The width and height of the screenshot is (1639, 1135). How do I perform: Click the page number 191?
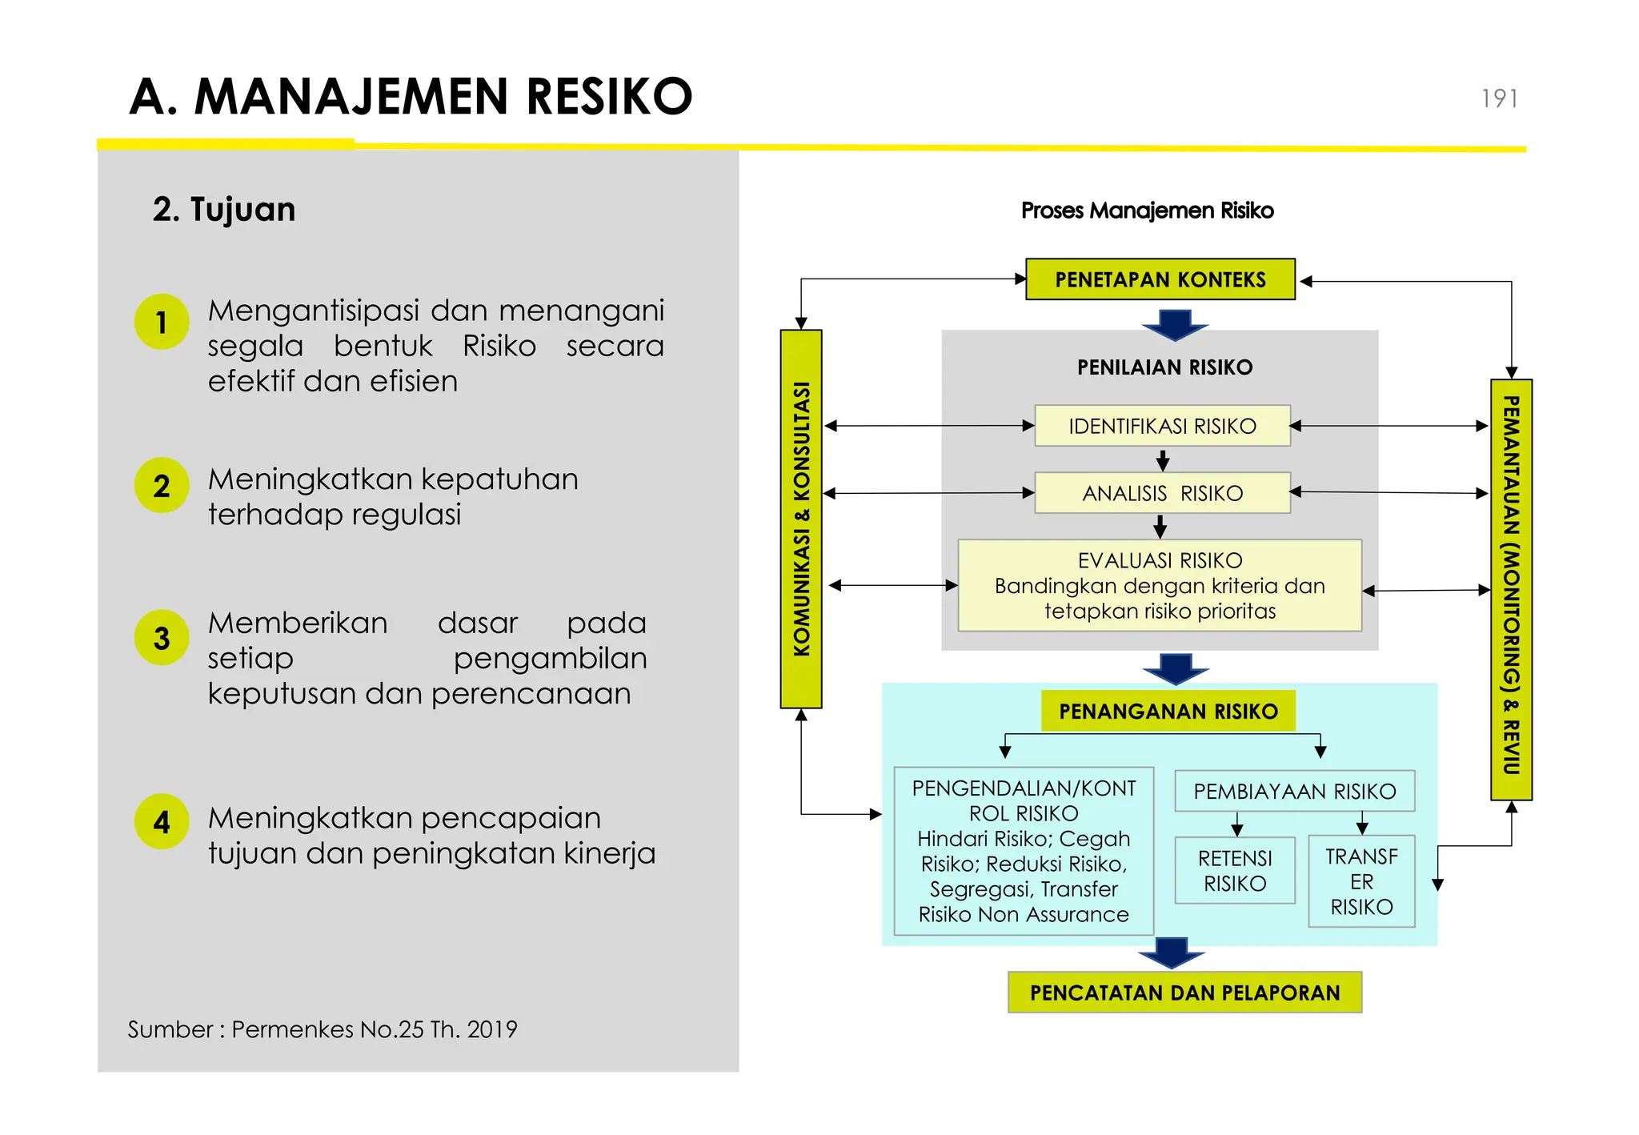(1499, 98)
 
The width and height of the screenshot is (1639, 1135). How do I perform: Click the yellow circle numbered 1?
(162, 322)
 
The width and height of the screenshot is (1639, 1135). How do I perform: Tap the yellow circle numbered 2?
(162, 486)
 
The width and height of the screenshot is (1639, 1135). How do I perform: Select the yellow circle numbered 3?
(162, 638)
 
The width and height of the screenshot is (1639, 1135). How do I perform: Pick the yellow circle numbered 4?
(162, 822)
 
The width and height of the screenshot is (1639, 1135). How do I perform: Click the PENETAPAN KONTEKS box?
(1160, 279)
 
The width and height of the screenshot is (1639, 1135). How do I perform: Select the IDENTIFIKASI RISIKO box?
(1162, 426)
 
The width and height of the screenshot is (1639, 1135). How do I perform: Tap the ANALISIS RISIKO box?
(1162, 493)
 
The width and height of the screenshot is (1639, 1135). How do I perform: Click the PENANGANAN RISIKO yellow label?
(1168, 711)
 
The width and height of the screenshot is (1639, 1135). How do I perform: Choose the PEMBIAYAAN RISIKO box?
(1294, 791)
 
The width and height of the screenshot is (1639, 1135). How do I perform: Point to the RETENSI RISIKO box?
(1235, 871)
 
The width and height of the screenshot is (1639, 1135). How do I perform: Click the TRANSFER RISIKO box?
(1361, 881)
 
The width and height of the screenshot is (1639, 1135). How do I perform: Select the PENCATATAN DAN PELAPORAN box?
(1184, 993)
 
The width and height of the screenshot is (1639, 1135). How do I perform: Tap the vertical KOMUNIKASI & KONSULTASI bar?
(801, 519)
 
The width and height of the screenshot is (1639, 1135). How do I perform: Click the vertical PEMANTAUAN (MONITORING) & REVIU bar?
(1511, 589)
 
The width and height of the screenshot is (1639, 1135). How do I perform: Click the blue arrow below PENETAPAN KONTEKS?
(1175, 324)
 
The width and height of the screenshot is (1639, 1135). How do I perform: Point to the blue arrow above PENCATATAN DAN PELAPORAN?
(1172, 953)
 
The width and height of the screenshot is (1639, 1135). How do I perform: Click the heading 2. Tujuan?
(224, 210)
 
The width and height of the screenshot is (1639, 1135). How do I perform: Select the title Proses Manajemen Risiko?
(1147, 211)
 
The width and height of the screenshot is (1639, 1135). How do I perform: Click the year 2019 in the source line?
(492, 1029)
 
